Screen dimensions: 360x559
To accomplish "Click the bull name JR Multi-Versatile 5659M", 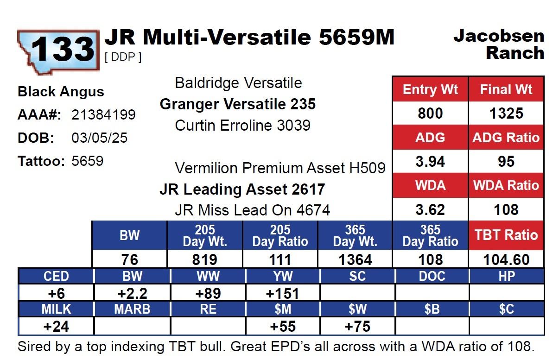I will click(249, 38).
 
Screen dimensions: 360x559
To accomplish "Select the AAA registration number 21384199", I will click(103, 114).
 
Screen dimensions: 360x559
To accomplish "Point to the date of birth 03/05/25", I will click(99, 138).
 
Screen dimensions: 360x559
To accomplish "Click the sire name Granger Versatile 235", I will click(237, 104).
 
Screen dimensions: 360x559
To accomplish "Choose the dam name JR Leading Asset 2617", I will click(242, 189).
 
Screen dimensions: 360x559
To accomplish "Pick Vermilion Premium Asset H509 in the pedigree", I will click(280, 168).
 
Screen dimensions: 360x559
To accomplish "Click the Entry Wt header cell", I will click(430, 89).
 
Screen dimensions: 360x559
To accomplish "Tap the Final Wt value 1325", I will click(506, 114).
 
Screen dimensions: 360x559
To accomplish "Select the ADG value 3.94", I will click(430, 162).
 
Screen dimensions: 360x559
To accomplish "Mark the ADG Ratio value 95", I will click(506, 162).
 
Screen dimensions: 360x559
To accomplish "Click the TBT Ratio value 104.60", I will click(506, 259).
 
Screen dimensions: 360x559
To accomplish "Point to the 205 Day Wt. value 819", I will click(205, 259).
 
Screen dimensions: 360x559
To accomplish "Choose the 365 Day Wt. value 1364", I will click(355, 259).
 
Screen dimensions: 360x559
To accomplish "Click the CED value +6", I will click(56, 293).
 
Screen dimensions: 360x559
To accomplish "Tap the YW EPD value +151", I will click(282, 293).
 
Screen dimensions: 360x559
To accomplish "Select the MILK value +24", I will click(56, 326).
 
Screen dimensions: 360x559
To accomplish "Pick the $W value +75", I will click(357, 326).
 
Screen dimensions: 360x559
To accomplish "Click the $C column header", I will click(506, 309).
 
